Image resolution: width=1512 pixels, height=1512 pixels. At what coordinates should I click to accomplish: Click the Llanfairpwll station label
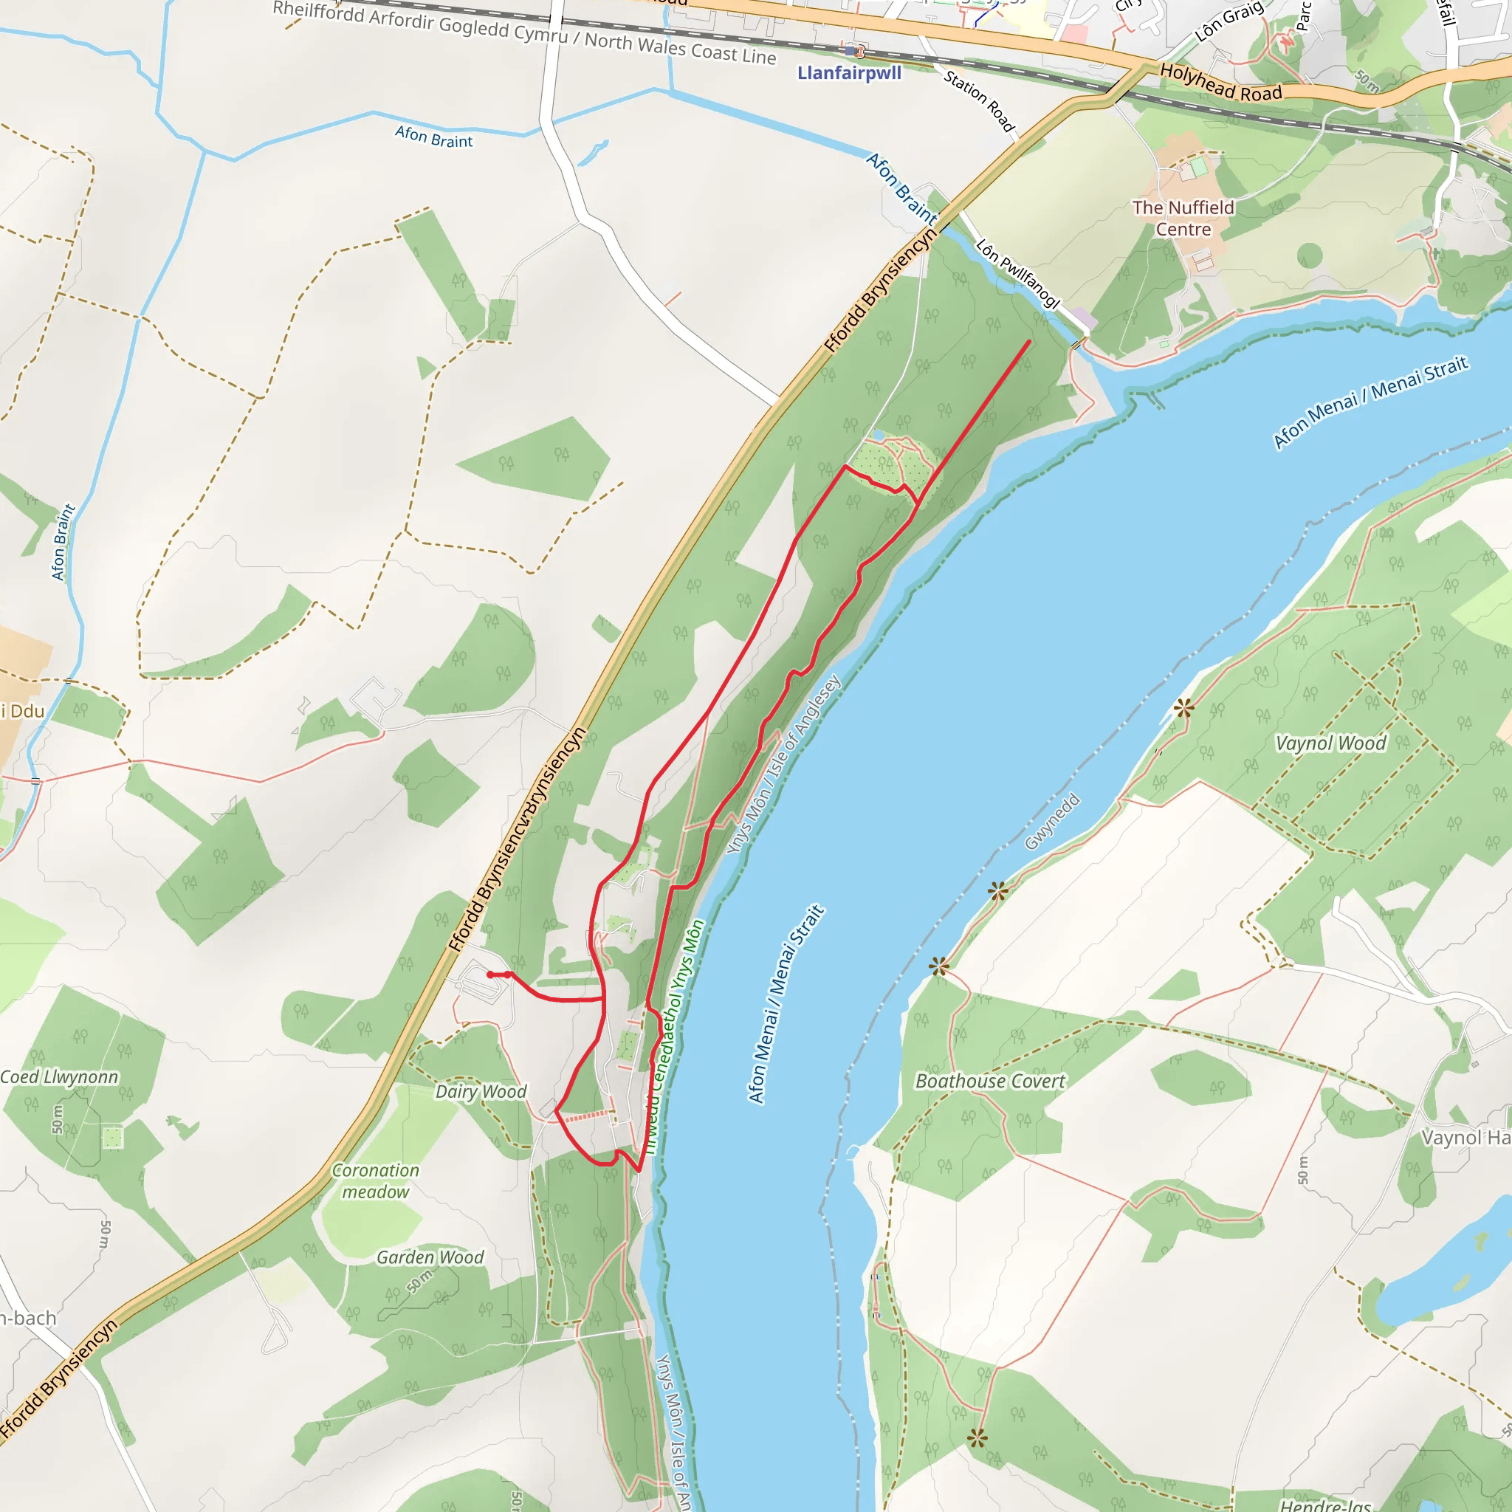click(849, 74)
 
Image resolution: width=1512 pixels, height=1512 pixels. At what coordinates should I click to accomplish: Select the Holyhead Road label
click(1220, 82)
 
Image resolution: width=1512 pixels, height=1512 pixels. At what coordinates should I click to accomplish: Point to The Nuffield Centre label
click(1183, 219)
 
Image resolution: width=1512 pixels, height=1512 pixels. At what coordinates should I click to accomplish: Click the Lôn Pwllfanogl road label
click(1017, 273)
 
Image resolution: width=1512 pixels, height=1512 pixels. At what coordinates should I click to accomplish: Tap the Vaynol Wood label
click(1330, 743)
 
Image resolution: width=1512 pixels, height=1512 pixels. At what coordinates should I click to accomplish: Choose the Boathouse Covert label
click(990, 1082)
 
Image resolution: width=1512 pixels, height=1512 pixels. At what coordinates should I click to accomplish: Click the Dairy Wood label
click(481, 1092)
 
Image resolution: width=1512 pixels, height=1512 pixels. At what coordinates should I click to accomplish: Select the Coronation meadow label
click(376, 1181)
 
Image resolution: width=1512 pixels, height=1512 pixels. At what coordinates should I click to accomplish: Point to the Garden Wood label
click(430, 1257)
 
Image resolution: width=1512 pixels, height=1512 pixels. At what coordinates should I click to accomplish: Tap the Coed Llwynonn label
click(60, 1078)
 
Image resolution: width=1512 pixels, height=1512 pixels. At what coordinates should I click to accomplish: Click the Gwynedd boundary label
click(1052, 822)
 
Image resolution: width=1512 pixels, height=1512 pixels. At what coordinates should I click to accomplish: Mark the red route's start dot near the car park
click(490, 975)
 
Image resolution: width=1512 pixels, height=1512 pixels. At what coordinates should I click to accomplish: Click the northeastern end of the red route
click(1028, 341)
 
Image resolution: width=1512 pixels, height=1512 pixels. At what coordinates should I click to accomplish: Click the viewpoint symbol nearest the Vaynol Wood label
click(1183, 709)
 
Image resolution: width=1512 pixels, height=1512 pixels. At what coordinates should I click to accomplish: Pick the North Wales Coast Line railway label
click(524, 32)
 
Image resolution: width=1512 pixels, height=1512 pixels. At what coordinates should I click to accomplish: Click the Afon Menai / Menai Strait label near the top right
click(1370, 402)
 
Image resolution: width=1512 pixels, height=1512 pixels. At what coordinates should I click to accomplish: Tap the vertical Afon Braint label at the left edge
click(63, 543)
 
